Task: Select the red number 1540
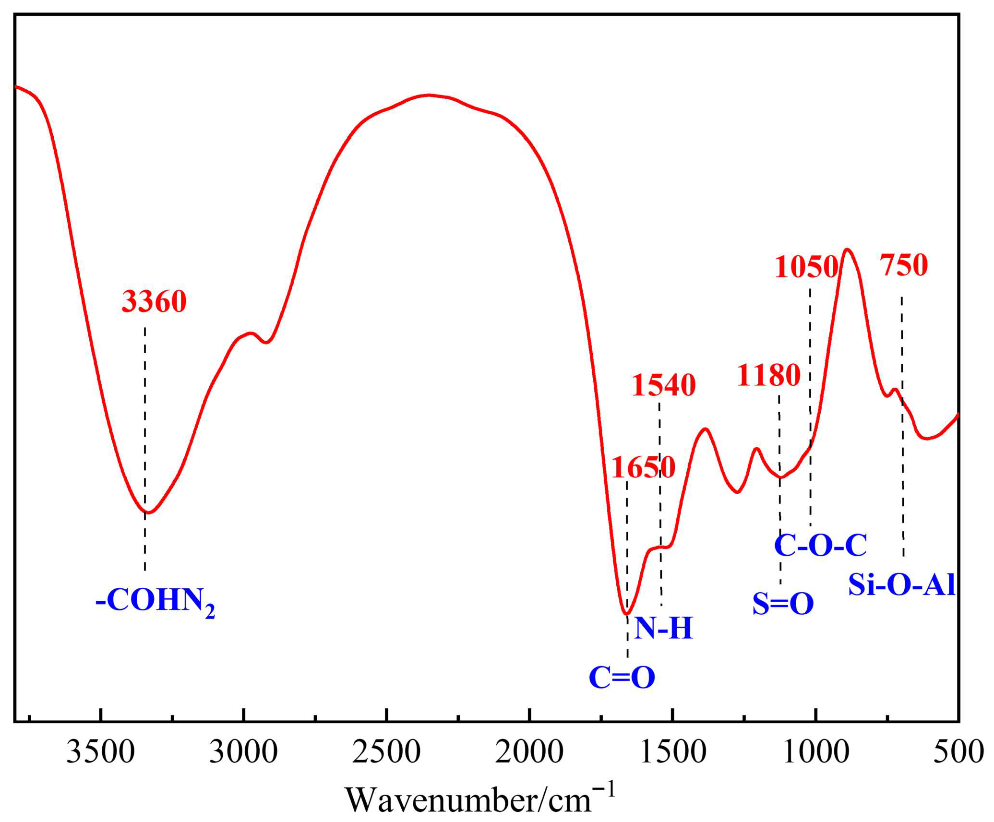click(x=663, y=385)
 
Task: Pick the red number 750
click(x=903, y=265)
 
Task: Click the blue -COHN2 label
click(x=156, y=601)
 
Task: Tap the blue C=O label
click(x=622, y=678)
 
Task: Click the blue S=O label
click(x=782, y=604)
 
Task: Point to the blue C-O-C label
click(x=820, y=545)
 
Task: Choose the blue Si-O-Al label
click(x=901, y=585)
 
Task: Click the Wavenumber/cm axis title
click(x=480, y=799)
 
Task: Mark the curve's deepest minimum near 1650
click(x=626, y=614)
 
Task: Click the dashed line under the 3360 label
click(x=145, y=432)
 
